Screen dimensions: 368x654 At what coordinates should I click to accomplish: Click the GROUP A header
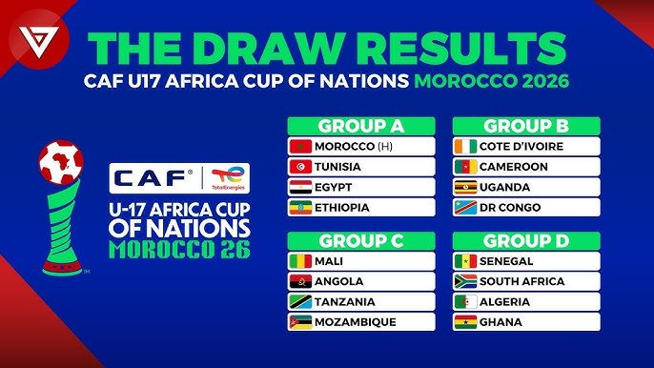(x=361, y=126)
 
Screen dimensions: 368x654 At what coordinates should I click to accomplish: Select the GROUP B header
(x=526, y=126)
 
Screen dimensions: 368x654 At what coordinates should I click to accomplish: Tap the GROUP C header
(x=361, y=240)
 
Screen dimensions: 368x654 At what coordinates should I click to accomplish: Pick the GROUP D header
(x=526, y=240)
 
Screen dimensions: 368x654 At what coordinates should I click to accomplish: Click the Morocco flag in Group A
(x=300, y=147)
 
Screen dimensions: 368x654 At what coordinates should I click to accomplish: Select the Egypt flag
(x=300, y=187)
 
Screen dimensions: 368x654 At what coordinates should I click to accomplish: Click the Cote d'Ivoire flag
(x=465, y=147)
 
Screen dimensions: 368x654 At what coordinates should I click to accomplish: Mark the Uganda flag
(x=465, y=187)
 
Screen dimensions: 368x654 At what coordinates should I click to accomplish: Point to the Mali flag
(x=300, y=261)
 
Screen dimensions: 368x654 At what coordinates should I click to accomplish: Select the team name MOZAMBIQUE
(x=355, y=321)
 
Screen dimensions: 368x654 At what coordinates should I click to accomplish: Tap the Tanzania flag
(x=300, y=301)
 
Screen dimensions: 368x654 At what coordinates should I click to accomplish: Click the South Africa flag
(x=465, y=281)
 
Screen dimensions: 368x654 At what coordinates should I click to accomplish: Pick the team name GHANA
(x=501, y=321)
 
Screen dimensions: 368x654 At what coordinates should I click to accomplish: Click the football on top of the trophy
(x=61, y=162)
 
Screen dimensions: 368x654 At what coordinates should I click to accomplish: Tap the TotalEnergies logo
(x=230, y=177)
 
